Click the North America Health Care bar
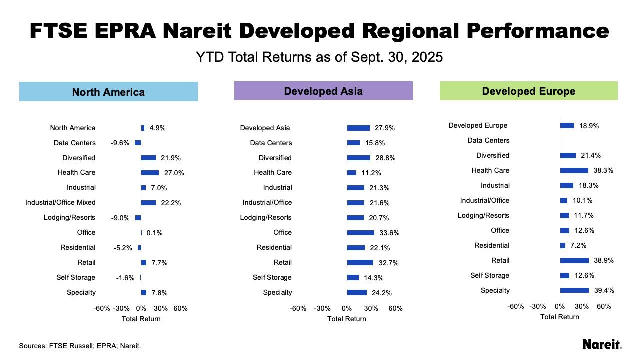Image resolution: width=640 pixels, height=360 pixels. pyautogui.click(x=150, y=173)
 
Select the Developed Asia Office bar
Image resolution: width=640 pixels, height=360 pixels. pyautogui.click(x=361, y=233)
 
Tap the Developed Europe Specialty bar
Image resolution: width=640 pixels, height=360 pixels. pyautogui.click(x=574, y=290)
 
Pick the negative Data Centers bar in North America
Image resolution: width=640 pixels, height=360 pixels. pyautogui.click(x=138, y=143)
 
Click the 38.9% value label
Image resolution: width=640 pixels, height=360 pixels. pyautogui.click(x=604, y=260)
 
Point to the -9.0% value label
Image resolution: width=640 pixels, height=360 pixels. pyautogui.click(x=120, y=218)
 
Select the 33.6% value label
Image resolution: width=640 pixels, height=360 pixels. pyautogui.click(x=389, y=233)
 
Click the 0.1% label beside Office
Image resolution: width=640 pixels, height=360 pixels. pyautogui.click(x=154, y=233)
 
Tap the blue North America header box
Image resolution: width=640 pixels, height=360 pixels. pyautogui.click(x=108, y=91)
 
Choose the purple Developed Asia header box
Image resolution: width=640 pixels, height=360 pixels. pyautogui.click(x=323, y=91)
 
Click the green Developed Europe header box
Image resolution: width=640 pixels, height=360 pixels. pyautogui.click(x=529, y=91)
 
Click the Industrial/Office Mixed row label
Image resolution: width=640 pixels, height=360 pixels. pyautogui.click(x=60, y=202)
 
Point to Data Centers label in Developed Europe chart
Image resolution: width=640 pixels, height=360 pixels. pyautogui.click(x=488, y=140)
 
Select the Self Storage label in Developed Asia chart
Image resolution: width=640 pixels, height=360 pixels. pyautogui.click(x=272, y=277)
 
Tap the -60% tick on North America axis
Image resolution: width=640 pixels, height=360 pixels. pyautogui.click(x=101, y=308)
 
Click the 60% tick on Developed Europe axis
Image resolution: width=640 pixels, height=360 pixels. pyautogui.click(x=604, y=306)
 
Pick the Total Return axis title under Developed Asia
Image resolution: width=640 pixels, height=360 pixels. pyautogui.click(x=347, y=319)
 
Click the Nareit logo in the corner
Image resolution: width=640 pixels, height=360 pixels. pyautogui.click(x=602, y=344)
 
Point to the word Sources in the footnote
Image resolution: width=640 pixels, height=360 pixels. pyautogui.click(x=33, y=346)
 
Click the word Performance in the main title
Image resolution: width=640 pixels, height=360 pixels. pyautogui.click(x=538, y=31)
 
